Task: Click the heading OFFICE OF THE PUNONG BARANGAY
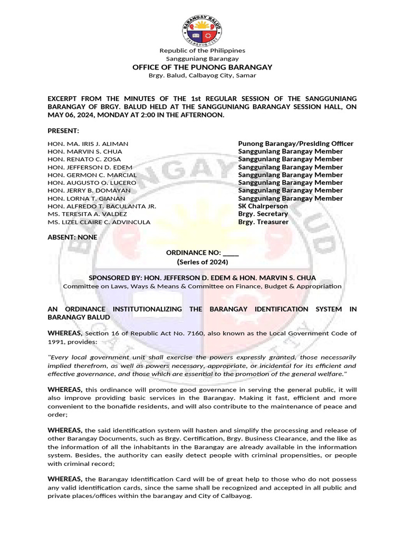click(x=202, y=67)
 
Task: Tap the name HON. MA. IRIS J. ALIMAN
click(x=88, y=144)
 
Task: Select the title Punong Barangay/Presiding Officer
click(x=295, y=144)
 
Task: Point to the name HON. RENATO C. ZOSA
click(x=84, y=159)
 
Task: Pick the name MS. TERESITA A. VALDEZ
click(x=87, y=214)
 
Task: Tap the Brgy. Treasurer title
click(x=263, y=222)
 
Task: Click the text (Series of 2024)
click(x=202, y=262)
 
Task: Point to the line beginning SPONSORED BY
click(x=202, y=277)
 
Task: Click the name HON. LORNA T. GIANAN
click(x=86, y=198)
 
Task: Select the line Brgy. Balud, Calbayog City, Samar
click(x=202, y=75)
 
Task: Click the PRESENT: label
click(x=63, y=131)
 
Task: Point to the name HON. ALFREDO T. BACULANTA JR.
click(x=102, y=206)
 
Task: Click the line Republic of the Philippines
click(x=202, y=51)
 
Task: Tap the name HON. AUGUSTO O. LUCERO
click(x=92, y=183)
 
